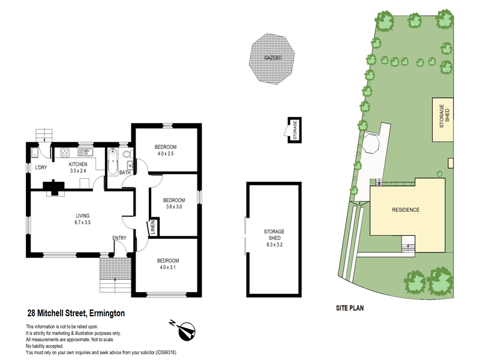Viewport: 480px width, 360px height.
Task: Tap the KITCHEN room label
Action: [78, 164]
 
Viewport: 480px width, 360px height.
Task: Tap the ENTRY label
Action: [119, 238]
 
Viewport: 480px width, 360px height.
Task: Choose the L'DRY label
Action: [41, 167]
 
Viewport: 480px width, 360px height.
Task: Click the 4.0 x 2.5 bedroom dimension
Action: [166, 154]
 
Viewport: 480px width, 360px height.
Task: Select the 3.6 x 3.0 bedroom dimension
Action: [174, 207]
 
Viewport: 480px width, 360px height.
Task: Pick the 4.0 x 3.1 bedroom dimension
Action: [167, 268]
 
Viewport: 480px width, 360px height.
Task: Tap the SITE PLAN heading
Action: [350, 308]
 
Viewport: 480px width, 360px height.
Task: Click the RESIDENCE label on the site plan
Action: [406, 210]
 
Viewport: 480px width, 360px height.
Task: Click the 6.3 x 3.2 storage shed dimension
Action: [274, 244]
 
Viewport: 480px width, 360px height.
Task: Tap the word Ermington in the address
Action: [107, 313]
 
